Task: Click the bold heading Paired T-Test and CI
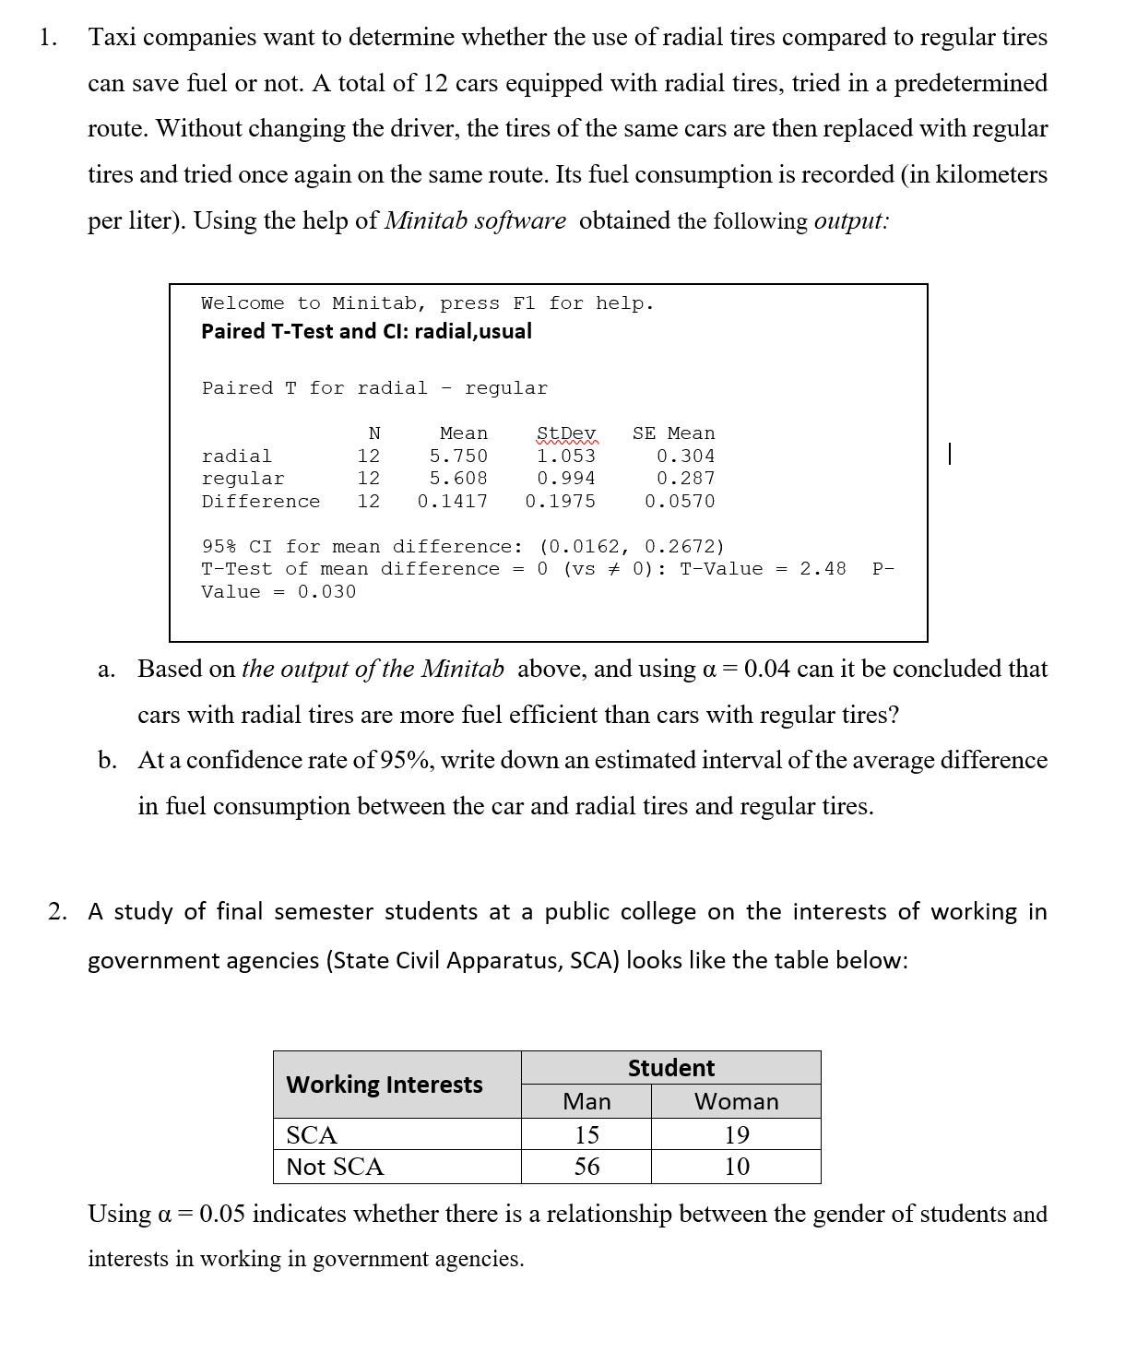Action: coord(366,331)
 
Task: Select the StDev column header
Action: coord(566,433)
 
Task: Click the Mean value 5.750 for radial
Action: coord(458,456)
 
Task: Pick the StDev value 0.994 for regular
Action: coord(566,478)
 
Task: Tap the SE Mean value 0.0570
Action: coord(680,501)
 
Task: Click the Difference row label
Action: coord(261,501)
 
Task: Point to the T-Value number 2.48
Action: coord(823,568)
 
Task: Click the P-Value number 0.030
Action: coord(326,591)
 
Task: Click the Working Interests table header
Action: coord(385,1085)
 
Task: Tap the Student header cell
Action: coord(671,1068)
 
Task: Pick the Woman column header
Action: coord(736,1101)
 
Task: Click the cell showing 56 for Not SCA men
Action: coord(586,1167)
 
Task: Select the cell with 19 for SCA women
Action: coord(736,1134)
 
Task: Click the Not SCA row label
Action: coord(335,1167)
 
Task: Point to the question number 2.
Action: coord(58,912)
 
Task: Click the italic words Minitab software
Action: coord(475,221)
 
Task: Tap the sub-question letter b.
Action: coord(108,761)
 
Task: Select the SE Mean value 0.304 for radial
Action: coord(685,456)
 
